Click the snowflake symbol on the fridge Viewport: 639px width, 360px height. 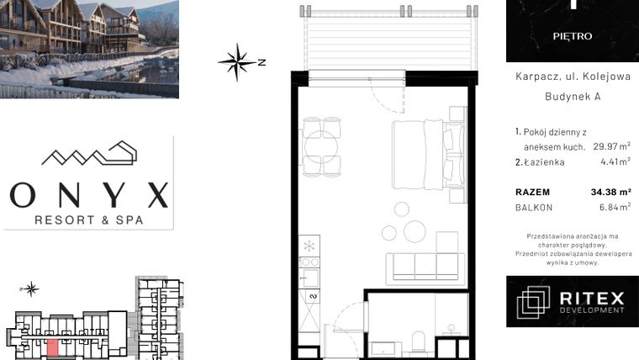(x=309, y=246)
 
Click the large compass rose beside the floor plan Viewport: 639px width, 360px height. (x=238, y=61)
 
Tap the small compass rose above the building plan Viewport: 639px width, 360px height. (x=31, y=289)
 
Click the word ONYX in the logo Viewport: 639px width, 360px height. (x=88, y=194)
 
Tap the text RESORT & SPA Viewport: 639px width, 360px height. (x=89, y=220)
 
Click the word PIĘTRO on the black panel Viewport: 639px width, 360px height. (x=573, y=37)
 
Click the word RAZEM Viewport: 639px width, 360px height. (x=533, y=192)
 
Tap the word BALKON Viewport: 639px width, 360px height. (x=535, y=208)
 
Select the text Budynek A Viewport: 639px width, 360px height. (x=573, y=98)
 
